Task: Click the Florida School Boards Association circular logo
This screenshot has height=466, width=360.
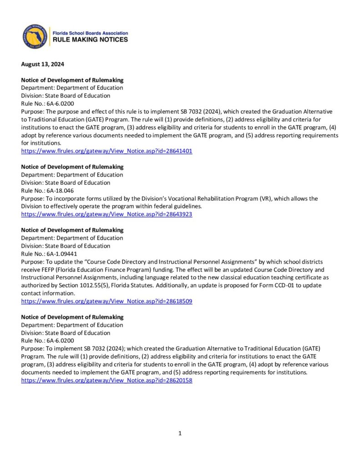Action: point(35,36)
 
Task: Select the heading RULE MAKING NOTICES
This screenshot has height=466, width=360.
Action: point(91,40)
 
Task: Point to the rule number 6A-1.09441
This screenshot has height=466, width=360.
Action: point(62,254)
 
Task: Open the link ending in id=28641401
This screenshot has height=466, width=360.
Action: point(106,151)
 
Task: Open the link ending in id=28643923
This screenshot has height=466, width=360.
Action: point(106,214)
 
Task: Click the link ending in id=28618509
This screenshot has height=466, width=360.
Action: point(106,301)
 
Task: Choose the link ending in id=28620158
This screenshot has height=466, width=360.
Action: point(106,380)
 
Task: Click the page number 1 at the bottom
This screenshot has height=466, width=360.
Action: point(180,433)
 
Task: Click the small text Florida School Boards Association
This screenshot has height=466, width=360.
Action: point(91,33)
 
